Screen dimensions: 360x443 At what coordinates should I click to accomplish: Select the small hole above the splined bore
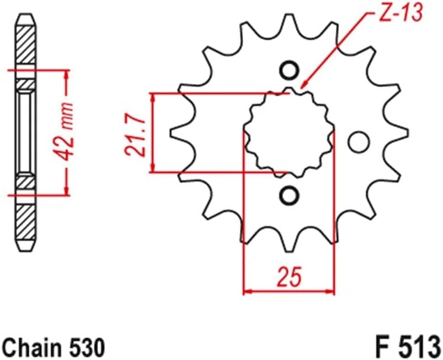click(289, 71)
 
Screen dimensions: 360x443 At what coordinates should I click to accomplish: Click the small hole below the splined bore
click(289, 195)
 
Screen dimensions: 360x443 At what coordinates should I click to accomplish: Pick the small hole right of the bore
click(359, 140)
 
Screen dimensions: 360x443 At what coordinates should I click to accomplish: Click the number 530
click(86, 346)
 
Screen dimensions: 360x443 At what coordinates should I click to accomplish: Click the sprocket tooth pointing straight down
click(289, 244)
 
